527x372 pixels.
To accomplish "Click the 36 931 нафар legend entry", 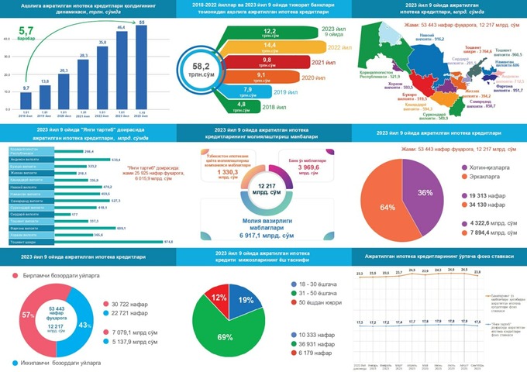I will (319, 343).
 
